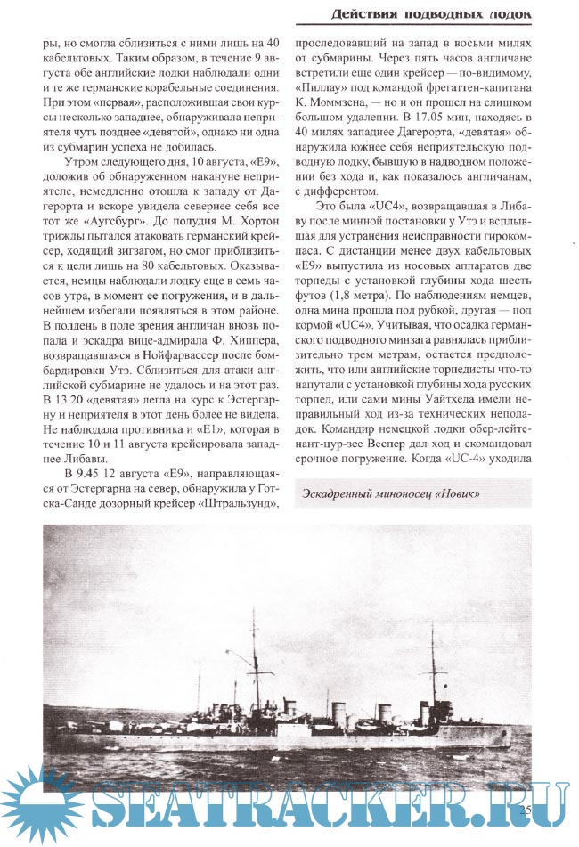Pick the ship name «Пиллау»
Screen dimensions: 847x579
(x=323, y=90)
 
